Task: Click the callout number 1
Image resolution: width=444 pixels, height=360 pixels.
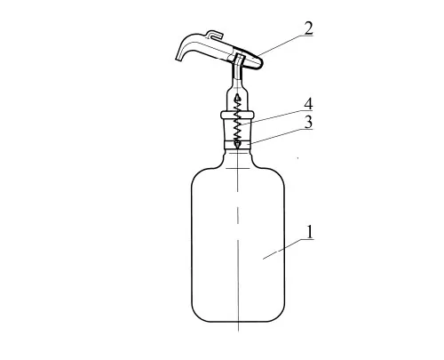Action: tap(309, 232)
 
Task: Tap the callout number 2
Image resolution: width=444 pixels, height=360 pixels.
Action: tap(308, 28)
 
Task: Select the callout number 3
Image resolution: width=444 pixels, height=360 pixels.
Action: tap(308, 122)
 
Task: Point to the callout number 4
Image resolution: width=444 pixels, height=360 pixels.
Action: tap(308, 104)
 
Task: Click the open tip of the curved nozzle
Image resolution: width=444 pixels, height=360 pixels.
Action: tap(178, 60)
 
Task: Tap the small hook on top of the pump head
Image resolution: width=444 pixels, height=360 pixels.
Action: tap(213, 34)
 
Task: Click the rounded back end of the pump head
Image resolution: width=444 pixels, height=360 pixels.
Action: tap(260, 62)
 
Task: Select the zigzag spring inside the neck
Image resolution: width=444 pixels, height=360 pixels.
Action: tap(237, 123)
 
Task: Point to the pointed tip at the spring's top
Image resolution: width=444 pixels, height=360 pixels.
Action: tap(237, 95)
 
